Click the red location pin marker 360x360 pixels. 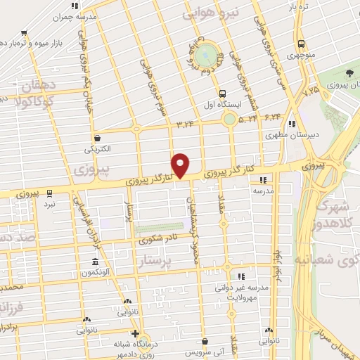pos(181,165)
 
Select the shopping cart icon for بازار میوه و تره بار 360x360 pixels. pos(25,32)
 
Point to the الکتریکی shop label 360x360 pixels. pos(98,149)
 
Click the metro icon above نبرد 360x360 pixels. pos(49,192)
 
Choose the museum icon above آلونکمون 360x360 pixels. pos(94,264)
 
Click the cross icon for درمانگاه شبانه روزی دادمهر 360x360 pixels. pos(136,333)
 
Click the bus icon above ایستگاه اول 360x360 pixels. pos(223,94)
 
